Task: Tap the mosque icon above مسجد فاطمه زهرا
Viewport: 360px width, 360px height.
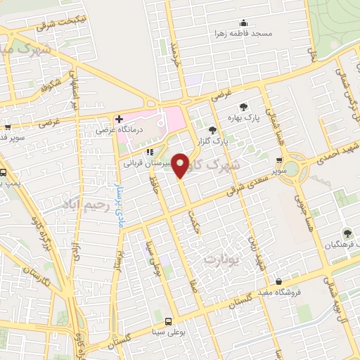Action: pyautogui.click(x=243, y=22)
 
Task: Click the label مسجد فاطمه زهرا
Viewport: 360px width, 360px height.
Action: pyautogui.click(x=243, y=33)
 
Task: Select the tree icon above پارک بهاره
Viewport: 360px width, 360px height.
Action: pyautogui.click(x=243, y=107)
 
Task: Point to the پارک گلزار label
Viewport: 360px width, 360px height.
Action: pyautogui.click(x=212, y=141)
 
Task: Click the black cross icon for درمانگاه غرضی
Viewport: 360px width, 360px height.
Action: pyautogui.click(x=120, y=119)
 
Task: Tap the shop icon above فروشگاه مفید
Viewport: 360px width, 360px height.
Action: pyautogui.click(x=279, y=281)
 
